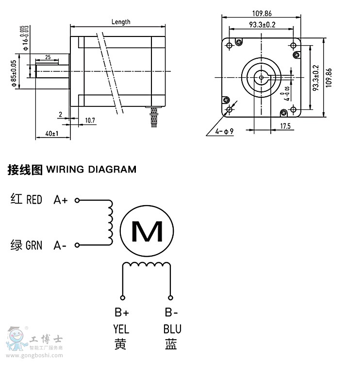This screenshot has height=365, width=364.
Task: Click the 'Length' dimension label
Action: pos(121,22)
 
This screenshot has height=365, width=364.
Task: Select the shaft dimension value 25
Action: pos(48,57)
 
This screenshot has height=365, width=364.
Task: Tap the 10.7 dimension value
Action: pos(90,120)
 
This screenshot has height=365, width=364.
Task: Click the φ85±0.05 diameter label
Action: pos(14,73)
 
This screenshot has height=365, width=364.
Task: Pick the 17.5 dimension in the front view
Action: pos(285,126)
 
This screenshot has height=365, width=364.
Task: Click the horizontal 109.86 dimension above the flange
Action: pos(262,14)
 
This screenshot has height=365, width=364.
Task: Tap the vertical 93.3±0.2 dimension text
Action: pos(315,78)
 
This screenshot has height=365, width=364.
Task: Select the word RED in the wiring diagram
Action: pos(34,200)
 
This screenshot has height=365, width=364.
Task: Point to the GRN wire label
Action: pos(33,245)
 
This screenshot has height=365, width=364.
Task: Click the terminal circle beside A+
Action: pos(77,200)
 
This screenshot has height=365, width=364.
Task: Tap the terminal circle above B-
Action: pos(170,297)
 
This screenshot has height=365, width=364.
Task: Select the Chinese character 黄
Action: pos(120,344)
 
